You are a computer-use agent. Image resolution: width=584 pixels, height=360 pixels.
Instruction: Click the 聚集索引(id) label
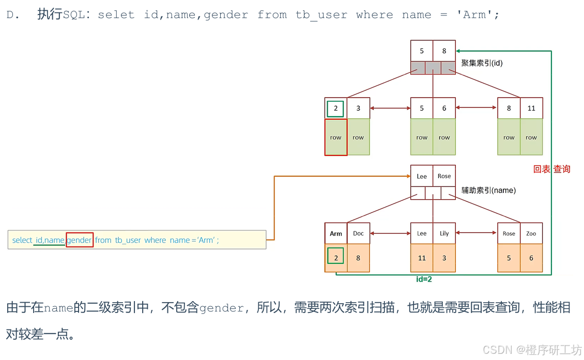tap(482, 64)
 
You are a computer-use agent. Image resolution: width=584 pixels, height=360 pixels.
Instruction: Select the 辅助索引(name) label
tap(488, 191)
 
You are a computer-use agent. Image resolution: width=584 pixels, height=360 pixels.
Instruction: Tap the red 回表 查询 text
tap(551, 169)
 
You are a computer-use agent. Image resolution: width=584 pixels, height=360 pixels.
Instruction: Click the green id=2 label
tap(424, 279)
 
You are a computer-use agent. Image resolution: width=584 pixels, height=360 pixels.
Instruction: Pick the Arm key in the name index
tap(336, 233)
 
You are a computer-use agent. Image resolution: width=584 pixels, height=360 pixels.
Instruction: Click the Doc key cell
tap(358, 233)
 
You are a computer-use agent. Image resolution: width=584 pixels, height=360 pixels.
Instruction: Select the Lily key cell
tap(444, 233)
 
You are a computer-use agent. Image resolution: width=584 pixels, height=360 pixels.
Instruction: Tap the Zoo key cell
tap(531, 233)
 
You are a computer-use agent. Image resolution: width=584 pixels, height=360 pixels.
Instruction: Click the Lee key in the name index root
tap(422, 176)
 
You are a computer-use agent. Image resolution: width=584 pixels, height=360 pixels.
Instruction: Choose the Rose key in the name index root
tap(444, 176)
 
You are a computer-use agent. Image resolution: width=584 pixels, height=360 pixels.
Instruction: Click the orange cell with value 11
tap(422, 258)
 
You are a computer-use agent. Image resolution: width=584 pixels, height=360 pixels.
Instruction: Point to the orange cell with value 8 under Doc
tap(358, 258)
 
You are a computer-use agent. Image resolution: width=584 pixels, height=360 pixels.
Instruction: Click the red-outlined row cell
tap(336, 137)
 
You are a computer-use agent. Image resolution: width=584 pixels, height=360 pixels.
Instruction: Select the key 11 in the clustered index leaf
tap(531, 108)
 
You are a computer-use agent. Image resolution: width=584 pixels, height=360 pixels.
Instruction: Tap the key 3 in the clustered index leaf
tap(358, 108)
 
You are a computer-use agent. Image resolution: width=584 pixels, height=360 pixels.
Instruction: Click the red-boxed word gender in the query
tap(80, 240)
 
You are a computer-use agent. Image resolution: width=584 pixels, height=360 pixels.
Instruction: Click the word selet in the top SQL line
tap(116, 15)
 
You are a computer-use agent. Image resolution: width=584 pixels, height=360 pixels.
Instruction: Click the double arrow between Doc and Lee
tap(390, 233)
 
